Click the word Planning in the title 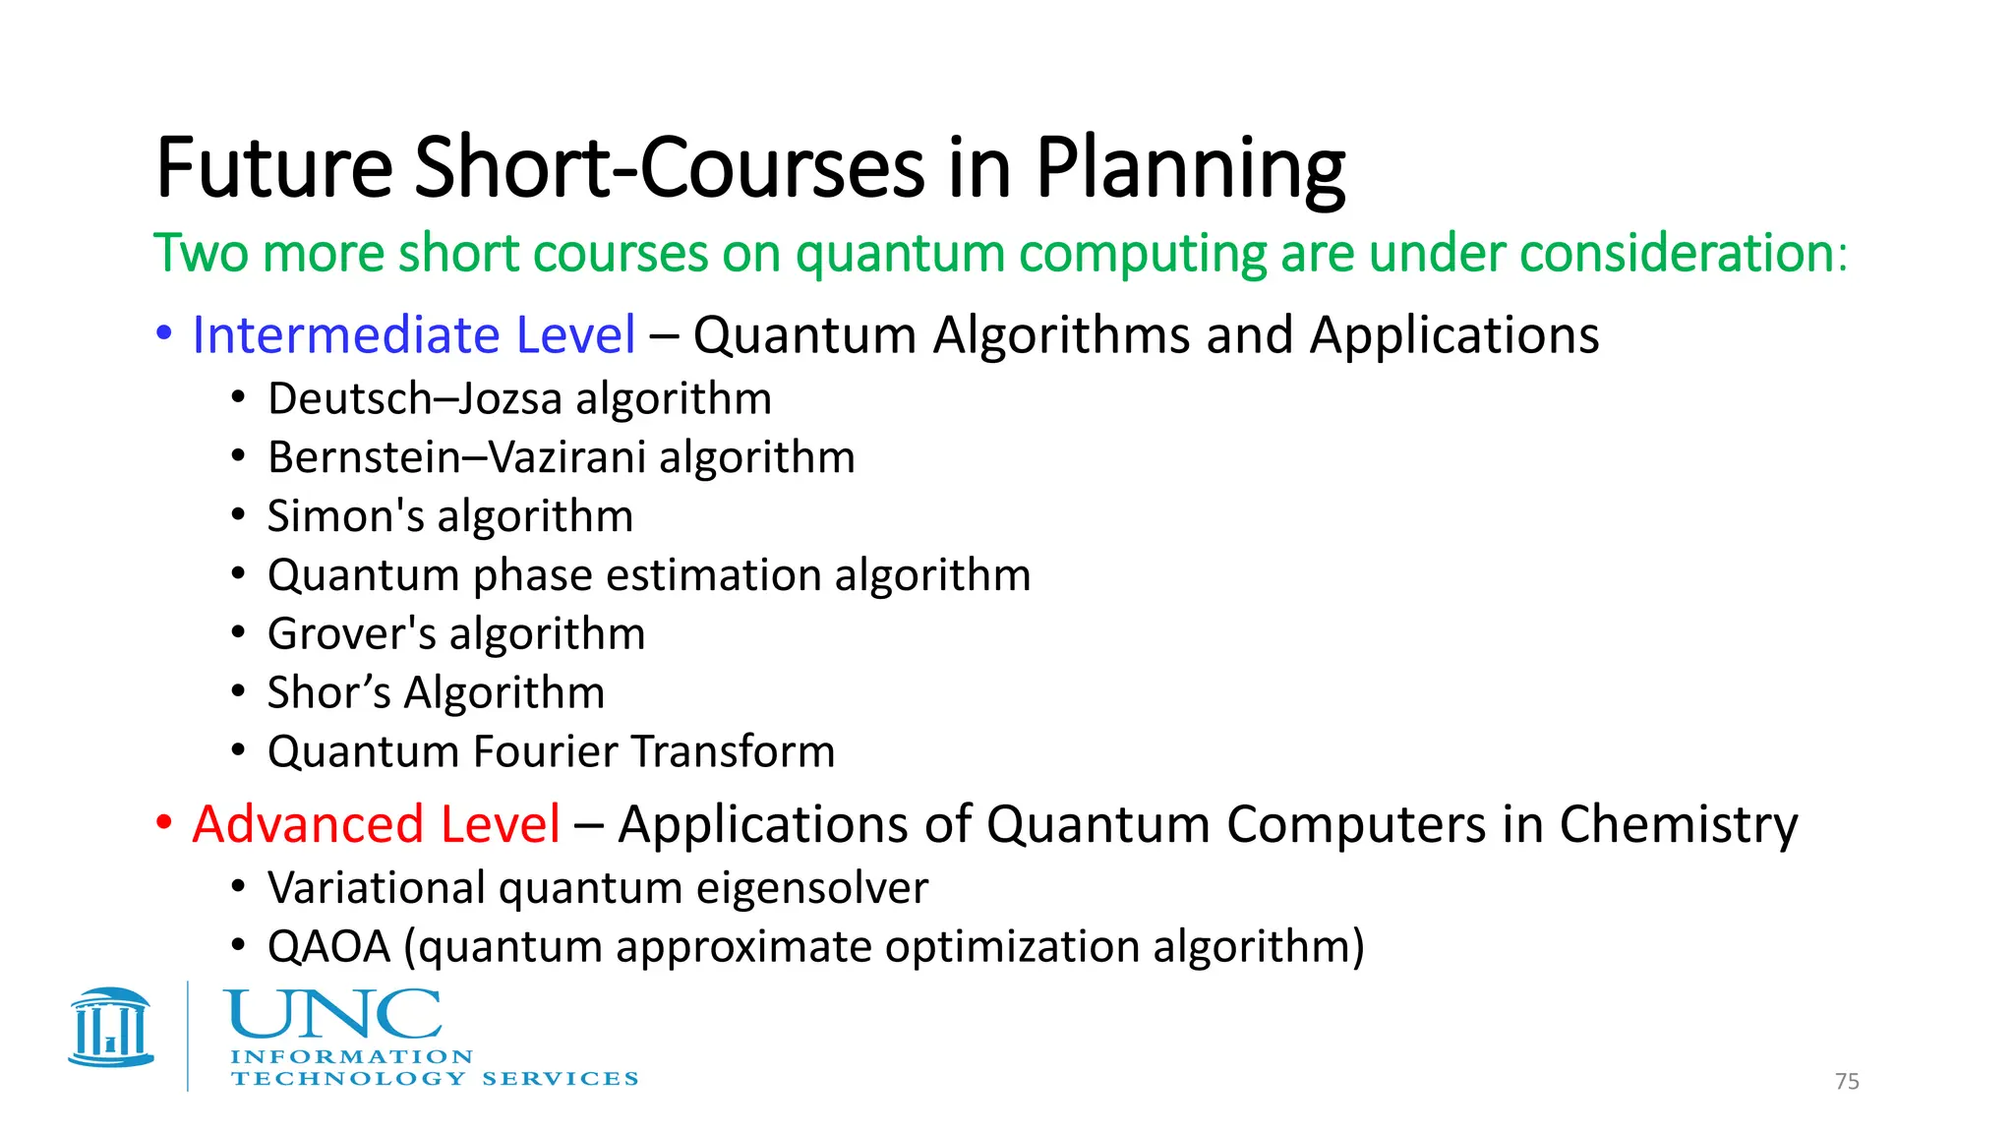pyautogui.click(x=1190, y=169)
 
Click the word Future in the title pyautogui.click(x=274, y=169)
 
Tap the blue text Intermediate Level pyautogui.click(x=413, y=335)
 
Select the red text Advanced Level pyautogui.click(x=376, y=824)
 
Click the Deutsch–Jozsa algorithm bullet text pyautogui.click(x=519, y=399)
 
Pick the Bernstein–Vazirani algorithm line pyautogui.click(x=561, y=458)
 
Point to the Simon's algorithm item pyautogui.click(x=450, y=517)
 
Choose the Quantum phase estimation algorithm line pyautogui.click(x=649, y=575)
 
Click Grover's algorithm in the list pyautogui.click(x=456, y=634)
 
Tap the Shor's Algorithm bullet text pyautogui.click(x=436, y=693)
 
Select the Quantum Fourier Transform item pyautogui.click(x=551, y=752)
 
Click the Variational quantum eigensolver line pyautogui.click(x=597, y=888)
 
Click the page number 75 pyautogui.click(x=1847, y=1082)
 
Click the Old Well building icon pyautogui.click(x=111, y=1028)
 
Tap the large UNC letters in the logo pyautogui.click(x=332, y=1015)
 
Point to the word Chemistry pyautogui.click(x=1678, y=824)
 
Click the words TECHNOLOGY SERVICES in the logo pyautogui.click(x=434, y=1079)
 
